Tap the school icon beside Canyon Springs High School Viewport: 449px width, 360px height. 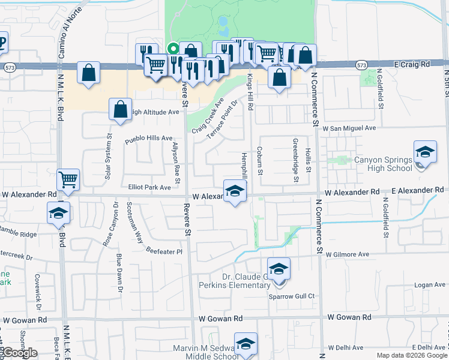point(424,153)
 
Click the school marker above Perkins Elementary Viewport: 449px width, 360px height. point(279,269)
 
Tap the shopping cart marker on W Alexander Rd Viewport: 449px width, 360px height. point(68,179)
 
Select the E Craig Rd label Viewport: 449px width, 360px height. point(413,64)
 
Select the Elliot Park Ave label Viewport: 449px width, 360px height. point(149,188)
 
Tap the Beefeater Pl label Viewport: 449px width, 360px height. point(164,252)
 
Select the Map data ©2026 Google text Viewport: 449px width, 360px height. point(412,355)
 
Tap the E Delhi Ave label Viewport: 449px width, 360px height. point(429,347)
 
